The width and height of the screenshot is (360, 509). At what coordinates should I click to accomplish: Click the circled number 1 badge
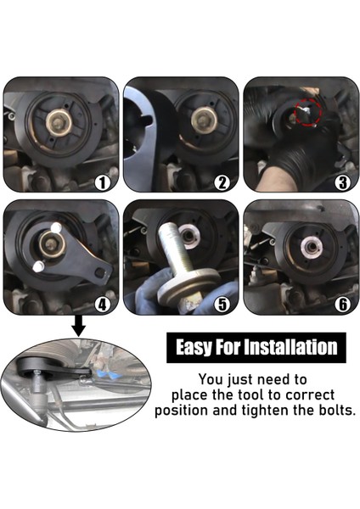[x=101, y=182]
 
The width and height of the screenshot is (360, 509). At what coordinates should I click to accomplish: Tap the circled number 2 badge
[x=222, y=182]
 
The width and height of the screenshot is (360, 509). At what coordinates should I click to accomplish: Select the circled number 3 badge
[x=342, y=182]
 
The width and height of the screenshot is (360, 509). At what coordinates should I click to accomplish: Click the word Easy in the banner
[x=197, y=347]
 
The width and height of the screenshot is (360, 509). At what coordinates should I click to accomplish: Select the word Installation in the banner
[x=293, y=347]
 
